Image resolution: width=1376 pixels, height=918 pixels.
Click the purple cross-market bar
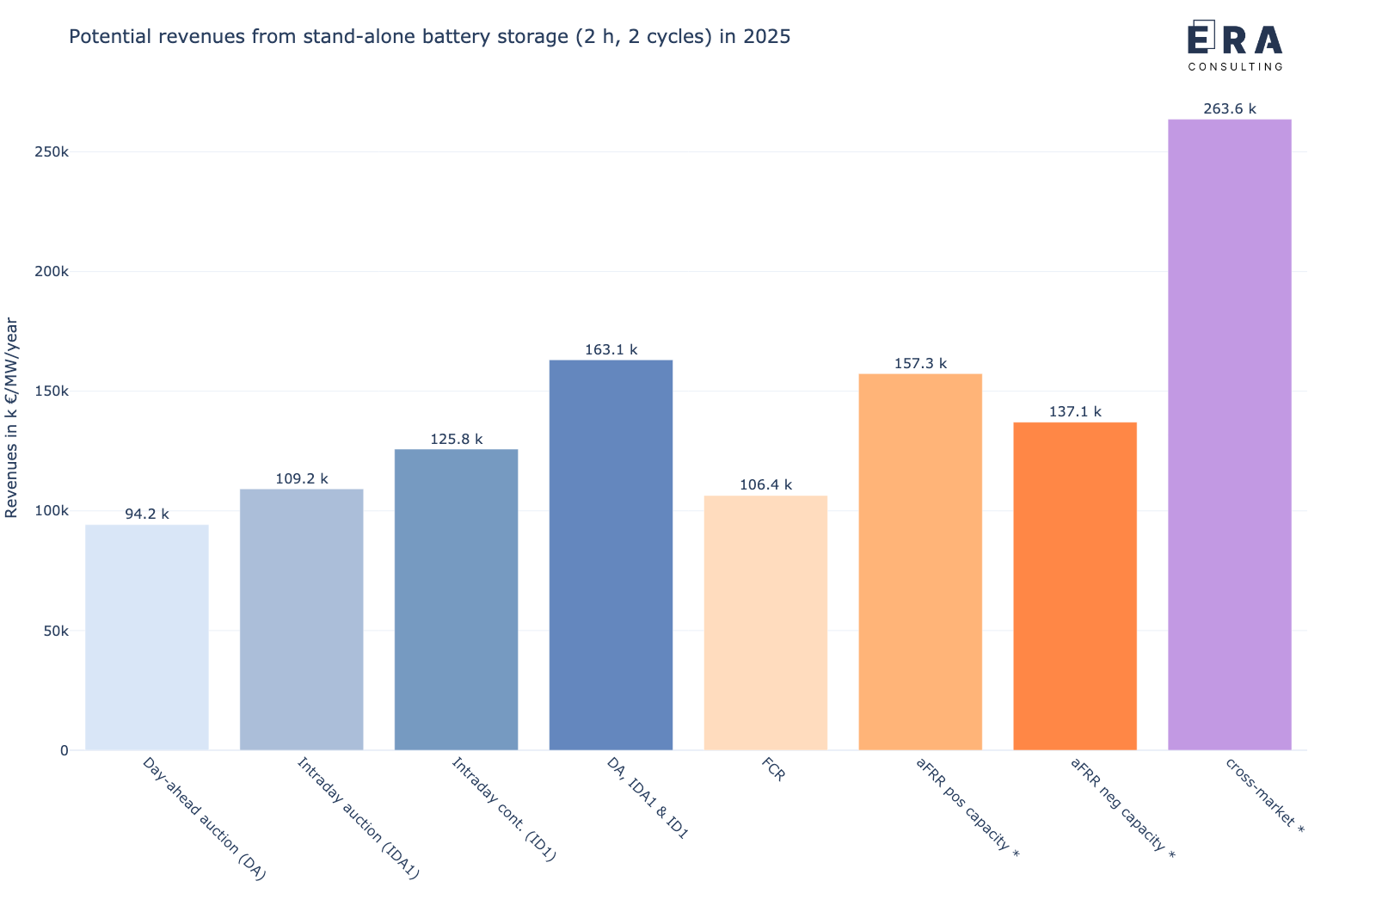click(1229, 434)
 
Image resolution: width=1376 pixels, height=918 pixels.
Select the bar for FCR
click(765, 622)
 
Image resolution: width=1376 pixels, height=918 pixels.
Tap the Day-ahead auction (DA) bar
click(147, 637)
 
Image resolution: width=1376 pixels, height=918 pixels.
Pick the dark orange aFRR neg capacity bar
click(1075, 585)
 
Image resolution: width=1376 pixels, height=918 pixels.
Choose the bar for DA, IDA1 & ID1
click(611, 555)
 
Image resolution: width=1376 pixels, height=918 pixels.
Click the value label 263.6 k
click(1229, 109)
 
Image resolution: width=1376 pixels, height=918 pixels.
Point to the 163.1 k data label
click(611, 350)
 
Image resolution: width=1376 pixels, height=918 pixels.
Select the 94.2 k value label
click(147, 514)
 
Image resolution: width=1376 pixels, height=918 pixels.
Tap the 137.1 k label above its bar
click(1075, 412)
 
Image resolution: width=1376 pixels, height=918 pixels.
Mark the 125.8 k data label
click(456, 440)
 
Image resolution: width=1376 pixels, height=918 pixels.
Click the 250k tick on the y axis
click(52, 152)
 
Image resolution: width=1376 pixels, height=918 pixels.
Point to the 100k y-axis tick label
click(52, 511)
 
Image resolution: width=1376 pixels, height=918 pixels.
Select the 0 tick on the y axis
click(64, 750)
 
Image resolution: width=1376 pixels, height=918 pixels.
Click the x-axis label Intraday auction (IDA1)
click(358, 818)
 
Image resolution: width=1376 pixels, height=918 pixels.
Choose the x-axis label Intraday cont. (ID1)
click(505, 810)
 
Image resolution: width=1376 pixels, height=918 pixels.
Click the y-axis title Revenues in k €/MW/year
click(12, 417)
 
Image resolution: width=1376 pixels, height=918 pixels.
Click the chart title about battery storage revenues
click(429, 37)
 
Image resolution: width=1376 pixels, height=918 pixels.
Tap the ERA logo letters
click(1235, 40)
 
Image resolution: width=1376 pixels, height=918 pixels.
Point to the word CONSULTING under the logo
click(1235, 66)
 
